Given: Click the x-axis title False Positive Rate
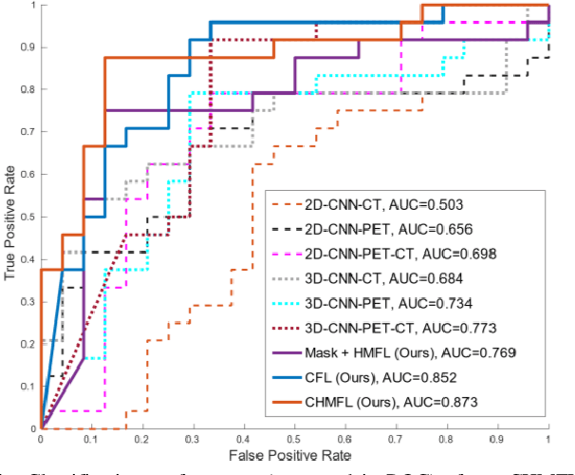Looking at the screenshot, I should [295, 458].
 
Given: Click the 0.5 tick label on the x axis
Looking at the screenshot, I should [295, 442].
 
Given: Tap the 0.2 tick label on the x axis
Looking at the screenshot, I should [142, 442].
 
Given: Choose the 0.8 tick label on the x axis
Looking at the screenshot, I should [447, 442].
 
